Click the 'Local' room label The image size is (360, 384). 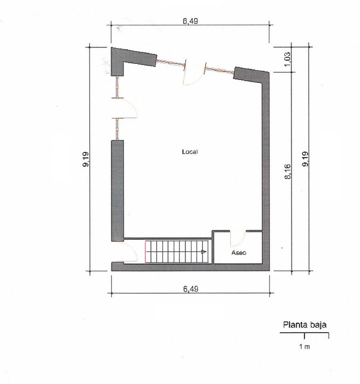point(190,152)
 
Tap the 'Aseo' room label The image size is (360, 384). point(239,253)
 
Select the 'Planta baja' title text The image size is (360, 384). point(305,325)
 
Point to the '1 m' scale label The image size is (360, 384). point(304,347)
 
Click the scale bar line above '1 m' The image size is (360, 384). point(304,333)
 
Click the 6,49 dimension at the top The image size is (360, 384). point(190,21)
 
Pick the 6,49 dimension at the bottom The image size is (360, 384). point(191,289)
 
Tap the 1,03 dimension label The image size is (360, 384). point(288,59)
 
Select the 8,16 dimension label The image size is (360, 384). point(288,172)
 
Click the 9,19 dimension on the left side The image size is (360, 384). point(86,159)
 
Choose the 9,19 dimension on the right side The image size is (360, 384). point(305,159)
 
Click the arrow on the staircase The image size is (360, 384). point(204,252)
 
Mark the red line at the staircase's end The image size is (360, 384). point(146,252)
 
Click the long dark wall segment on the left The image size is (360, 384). point(118,191)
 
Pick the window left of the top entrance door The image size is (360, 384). point(171,63)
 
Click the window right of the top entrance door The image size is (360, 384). point(220,70)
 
